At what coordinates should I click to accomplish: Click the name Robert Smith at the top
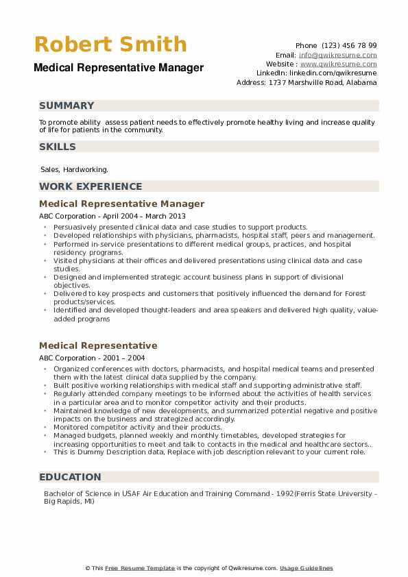click(110, 45)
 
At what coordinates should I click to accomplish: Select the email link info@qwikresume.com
click(337, 55)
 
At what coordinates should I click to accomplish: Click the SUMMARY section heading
click(67, 106)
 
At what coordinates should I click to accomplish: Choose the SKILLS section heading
click(58, 147)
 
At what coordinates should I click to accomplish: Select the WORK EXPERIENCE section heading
click(91, 186)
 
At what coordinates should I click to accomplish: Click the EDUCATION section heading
click(70, 477)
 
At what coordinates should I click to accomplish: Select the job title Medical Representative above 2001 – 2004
click(98, 345)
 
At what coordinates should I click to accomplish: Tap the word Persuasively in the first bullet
click(76, 227)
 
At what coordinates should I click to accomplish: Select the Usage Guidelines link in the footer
click(307, 568)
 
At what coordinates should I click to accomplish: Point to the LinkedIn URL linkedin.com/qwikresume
click(333, 73)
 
